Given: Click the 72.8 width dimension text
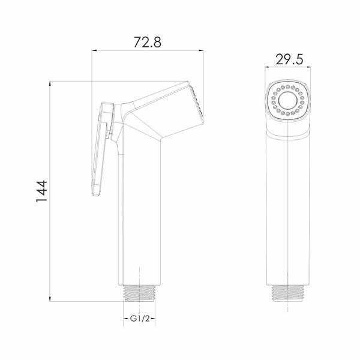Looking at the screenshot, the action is [x=148, y=42].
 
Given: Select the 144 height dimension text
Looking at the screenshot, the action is [x=42, y=191].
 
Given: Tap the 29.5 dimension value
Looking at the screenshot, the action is [x=289, y=59].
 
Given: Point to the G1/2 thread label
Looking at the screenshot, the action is [x=140, y=319].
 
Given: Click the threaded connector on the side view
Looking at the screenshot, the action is [x=140, y=293].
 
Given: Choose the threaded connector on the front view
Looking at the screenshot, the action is [x=288, y=293].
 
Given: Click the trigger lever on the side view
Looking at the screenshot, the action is [x=102, y=149].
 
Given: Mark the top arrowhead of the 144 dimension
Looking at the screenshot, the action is [x=50, y=84].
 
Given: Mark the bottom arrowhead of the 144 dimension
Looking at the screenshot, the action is [x=50, y=298].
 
